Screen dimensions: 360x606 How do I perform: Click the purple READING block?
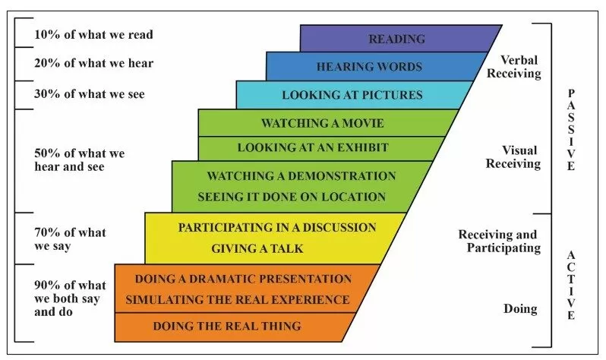(396, 39)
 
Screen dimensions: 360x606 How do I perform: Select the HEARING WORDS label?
(369, 67)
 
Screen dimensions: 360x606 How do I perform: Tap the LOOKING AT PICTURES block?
(352, 95)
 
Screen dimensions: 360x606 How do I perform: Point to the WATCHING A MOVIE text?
(322, 123)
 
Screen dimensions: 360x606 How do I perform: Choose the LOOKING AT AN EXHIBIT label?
(313, 147)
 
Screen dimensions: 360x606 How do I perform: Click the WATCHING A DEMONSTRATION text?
(301, 176)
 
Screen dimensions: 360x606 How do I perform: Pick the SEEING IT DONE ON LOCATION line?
(292, 197)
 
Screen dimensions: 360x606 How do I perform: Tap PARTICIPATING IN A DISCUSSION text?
(277, 227)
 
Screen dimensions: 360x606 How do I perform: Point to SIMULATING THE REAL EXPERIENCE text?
(238, 299)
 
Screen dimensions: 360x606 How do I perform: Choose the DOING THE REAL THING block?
(227, 326)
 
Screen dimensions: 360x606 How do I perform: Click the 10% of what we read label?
(93, 35)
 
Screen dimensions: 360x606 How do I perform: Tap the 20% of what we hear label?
(93, 63)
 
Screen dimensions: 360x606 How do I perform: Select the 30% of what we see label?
(89, 94)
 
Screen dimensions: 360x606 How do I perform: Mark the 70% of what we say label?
(70, 238)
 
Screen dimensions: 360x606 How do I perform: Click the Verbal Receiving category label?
(520, 68)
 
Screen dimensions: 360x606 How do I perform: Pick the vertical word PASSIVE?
(571, 129)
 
